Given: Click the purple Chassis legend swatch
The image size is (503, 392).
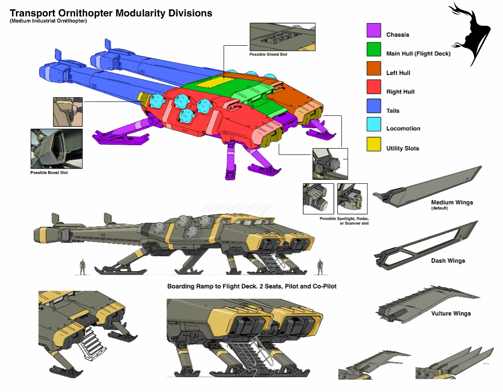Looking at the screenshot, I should pos(374,30).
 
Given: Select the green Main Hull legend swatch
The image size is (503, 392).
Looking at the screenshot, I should pos(374,49).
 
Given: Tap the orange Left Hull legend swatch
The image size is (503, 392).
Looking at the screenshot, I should pos(374,68).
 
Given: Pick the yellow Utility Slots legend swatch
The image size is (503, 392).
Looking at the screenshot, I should pos(374,144).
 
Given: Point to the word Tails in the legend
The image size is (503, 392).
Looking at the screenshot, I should pos(393,111).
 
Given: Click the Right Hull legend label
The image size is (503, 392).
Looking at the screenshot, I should pos(400,92).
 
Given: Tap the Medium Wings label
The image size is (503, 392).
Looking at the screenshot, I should pos(452,202).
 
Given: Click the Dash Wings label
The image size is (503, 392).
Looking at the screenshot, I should pos(448,261).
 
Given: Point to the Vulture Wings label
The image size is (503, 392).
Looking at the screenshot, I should pos(451,313).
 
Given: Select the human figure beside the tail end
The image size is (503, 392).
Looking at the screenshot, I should pos(82,266).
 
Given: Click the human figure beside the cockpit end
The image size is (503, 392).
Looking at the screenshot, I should pos(319,266).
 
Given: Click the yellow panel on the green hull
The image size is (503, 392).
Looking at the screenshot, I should pos(212,84).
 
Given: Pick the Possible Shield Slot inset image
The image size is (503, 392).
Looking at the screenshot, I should pos(282,38).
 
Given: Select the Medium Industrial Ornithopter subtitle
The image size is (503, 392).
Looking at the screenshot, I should pos(48,21).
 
